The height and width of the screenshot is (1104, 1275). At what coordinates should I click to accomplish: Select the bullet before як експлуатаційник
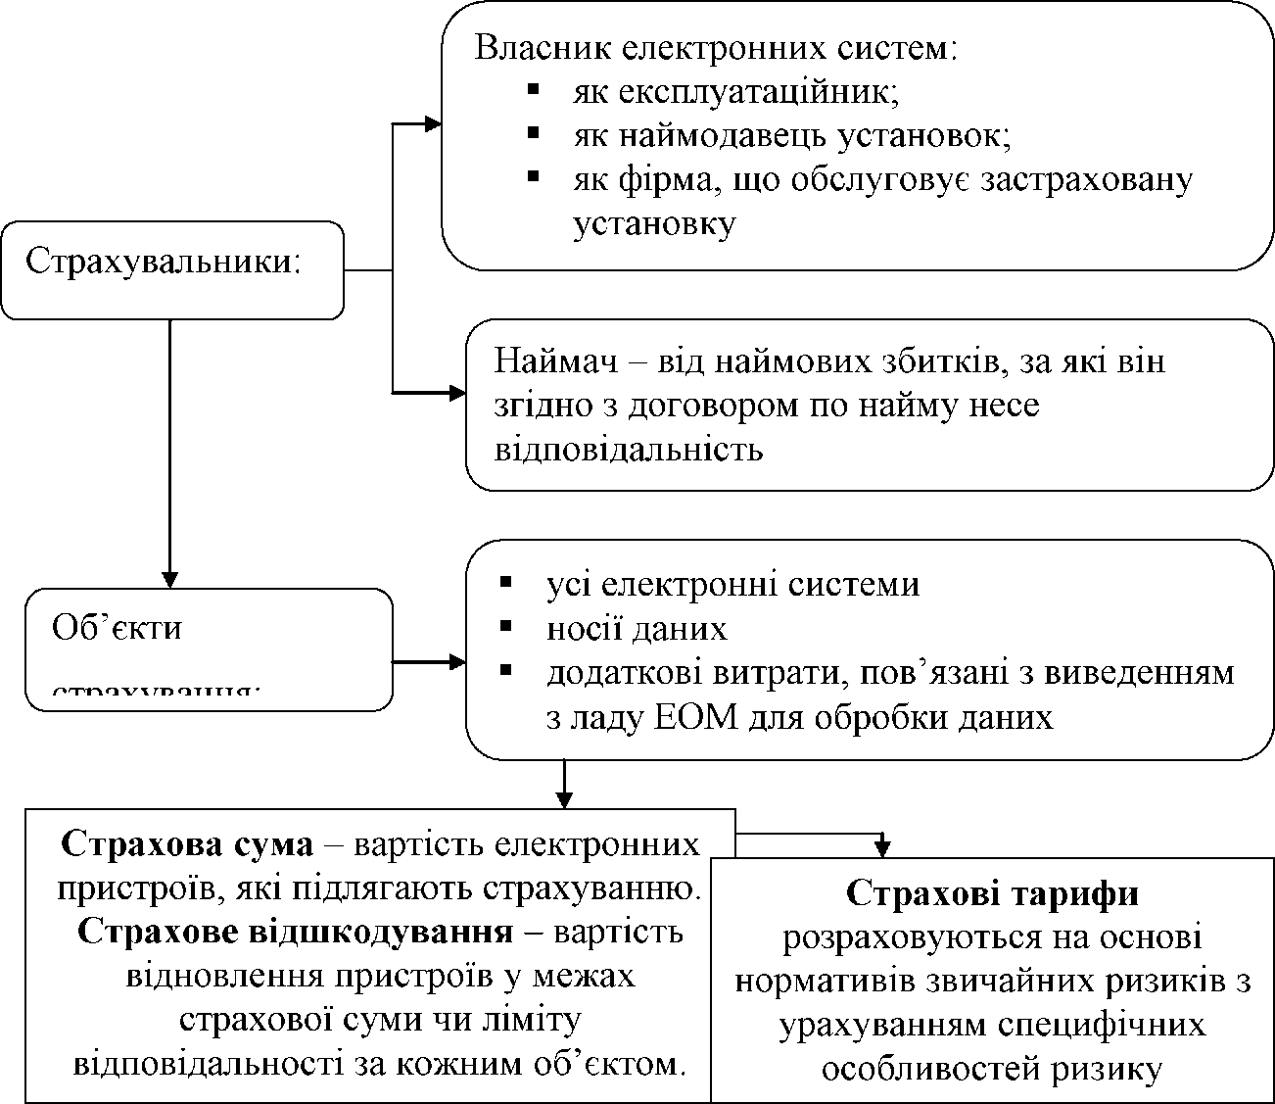534,89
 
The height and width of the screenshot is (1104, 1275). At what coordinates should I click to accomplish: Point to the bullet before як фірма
534,176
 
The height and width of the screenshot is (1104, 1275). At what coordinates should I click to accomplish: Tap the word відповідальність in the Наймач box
628,450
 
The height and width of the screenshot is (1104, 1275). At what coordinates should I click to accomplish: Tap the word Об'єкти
117,627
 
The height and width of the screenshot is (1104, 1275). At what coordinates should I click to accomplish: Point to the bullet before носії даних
505,626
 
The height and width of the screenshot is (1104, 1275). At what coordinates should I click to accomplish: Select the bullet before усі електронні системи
505,582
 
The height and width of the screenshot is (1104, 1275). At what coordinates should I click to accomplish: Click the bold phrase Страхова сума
186,843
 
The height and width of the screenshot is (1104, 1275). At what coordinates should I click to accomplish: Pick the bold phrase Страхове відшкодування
294,931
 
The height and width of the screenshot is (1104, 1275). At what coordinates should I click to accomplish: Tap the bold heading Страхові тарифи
992,893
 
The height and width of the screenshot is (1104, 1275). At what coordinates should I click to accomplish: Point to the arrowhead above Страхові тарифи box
883,847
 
